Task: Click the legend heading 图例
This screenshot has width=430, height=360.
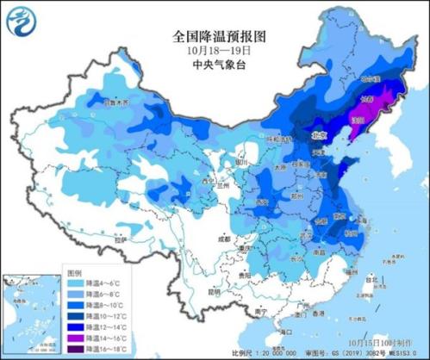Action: coord(77,270)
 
